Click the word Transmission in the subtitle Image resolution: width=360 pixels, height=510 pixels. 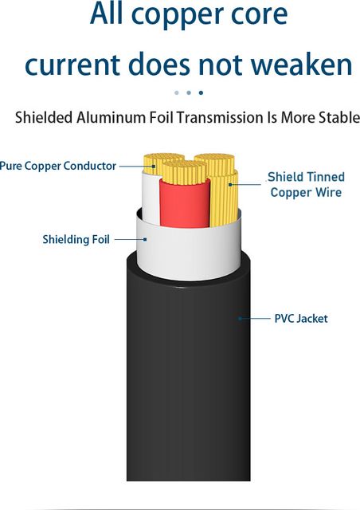220,117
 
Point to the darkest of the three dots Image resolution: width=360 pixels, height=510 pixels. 201,92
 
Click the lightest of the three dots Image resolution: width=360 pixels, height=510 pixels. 177,92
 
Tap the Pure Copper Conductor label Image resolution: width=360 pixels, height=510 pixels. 57,166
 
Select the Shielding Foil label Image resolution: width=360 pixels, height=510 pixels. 76,239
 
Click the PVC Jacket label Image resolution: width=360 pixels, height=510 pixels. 301,319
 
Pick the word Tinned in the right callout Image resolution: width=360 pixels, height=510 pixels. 325,177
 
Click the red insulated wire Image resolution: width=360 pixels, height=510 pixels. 185,203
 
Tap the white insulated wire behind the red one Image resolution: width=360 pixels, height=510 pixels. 151,198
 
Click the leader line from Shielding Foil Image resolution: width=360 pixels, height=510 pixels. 131,239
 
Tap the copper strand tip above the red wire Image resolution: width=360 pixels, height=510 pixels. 185,172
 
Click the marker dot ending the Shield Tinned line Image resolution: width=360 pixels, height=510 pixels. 230,184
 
